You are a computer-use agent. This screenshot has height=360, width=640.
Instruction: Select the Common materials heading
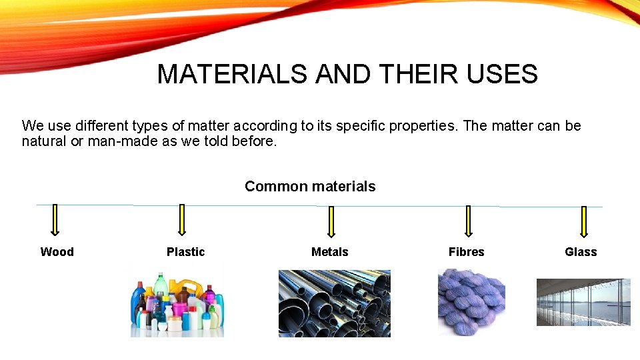(x=310, y=187)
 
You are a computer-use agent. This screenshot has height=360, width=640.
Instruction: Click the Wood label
(x=57, y=252)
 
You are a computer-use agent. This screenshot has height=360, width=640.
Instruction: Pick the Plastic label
(x=185, y=252)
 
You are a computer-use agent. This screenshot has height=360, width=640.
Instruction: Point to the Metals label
(x=329, y=252)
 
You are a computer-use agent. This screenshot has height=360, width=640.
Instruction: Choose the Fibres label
(x=466, y=252)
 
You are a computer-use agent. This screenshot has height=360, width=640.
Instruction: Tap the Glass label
(x=581, y=252)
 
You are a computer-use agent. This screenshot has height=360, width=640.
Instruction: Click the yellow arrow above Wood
(x=55, y=220)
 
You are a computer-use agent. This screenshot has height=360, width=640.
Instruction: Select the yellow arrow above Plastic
(x=181, y=221)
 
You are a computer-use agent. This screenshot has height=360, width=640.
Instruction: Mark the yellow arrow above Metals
(x=331, y=222)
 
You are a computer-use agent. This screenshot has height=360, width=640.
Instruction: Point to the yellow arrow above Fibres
(x=467, y=221)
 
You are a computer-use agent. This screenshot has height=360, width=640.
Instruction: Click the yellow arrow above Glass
(x=584, y=222)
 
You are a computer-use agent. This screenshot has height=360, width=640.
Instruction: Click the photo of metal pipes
(x=334, y=303)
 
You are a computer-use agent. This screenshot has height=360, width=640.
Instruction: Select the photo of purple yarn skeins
(x=471, y=302)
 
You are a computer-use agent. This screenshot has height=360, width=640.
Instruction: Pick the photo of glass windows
(x=583, y=302)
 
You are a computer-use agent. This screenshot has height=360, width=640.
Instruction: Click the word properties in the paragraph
(x=426, y=126)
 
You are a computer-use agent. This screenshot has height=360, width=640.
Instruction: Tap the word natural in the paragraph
(x=43, y=141)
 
